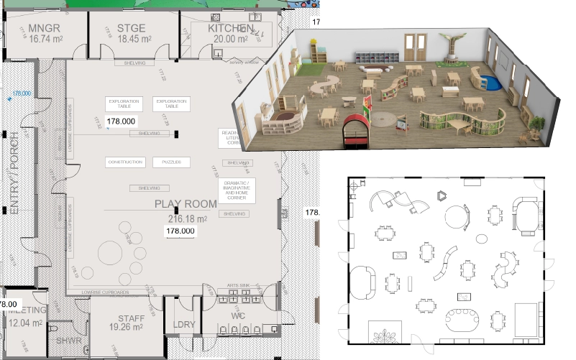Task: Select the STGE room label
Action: point(132,29)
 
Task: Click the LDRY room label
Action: point(185,325)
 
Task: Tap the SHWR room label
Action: point(69,340)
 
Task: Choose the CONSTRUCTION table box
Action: point(126,162)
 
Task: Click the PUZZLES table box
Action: point(171,162)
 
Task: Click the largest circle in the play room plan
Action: point(111,253)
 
